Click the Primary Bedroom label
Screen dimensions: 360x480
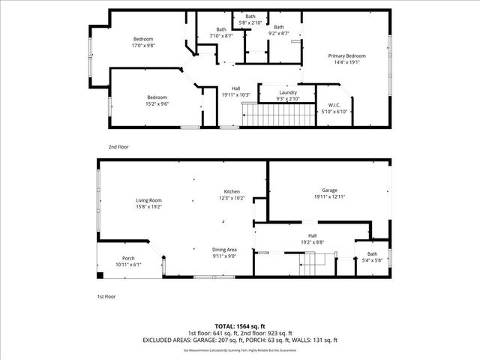[x=346, y=56]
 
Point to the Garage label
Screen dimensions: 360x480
[x=329, y=190]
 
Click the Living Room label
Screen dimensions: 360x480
[x=148, y=200]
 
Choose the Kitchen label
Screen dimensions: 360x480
[x=232, y=191]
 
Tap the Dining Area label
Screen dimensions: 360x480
[x=226, y=249]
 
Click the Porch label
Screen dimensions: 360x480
[x=128, y=259]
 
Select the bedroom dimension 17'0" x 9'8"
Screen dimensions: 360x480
[x=143, y=46]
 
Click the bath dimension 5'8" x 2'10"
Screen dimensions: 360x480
[x=250, y=22]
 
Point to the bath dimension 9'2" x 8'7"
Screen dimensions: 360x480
[x=279, y=34]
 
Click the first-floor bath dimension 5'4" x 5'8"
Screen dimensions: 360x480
[x=372, y=260]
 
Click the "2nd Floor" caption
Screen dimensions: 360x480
[x=118, y=147]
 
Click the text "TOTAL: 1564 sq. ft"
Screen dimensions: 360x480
[x=240, y=327]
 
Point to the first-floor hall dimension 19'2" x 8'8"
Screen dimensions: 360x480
[x=312, y=241]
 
